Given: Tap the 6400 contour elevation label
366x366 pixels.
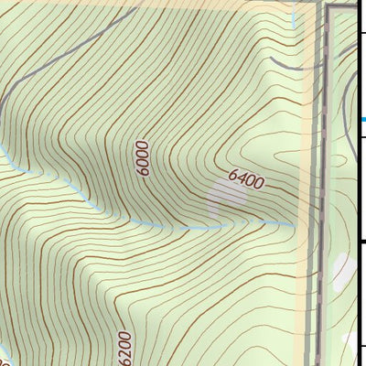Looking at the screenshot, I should [246, 178].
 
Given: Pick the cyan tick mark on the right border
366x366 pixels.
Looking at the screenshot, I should [363, 119].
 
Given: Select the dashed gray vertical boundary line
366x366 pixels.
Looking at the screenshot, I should [320, 183].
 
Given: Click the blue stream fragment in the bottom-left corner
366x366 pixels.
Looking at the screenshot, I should [5, 359].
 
